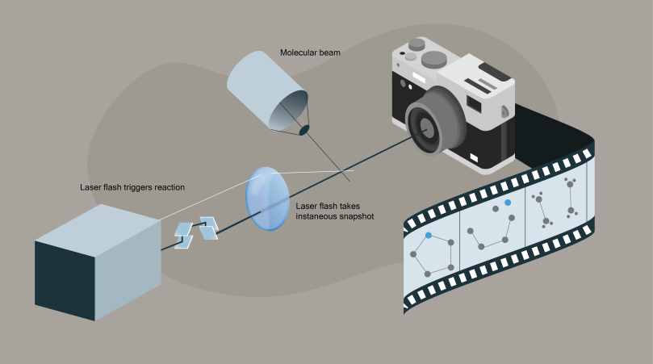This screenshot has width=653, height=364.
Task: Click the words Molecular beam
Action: coord(310,53)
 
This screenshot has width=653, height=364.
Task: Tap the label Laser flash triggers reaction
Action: coord(132,187)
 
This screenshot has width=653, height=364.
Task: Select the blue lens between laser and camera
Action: coord(266,199)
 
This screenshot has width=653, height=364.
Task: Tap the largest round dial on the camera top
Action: coord(434,58)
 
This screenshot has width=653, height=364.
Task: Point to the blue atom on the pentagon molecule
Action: coord(429,235)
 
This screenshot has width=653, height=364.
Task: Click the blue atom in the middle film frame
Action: coord(508,203)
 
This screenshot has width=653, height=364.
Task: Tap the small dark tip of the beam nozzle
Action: coord(304,129)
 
